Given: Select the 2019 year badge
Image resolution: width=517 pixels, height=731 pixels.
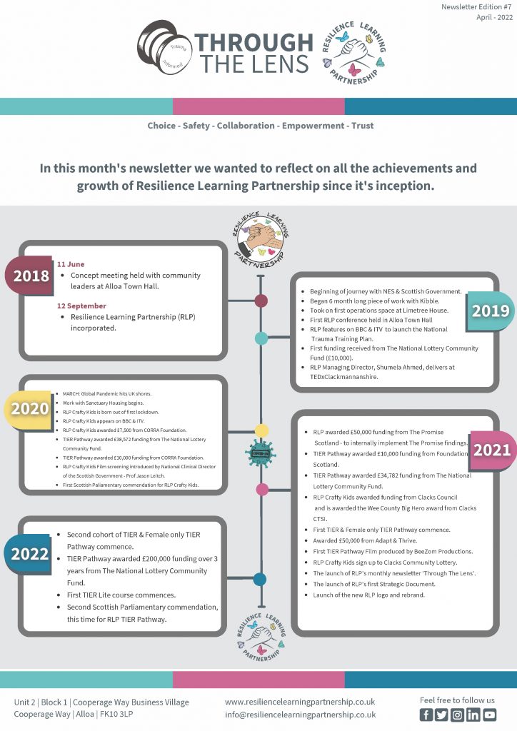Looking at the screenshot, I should [x=490, y=311].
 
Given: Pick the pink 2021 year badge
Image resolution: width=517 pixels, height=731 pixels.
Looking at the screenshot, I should [x=491, y=450].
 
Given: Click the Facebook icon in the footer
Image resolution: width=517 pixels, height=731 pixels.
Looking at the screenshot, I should [x=426, y=714].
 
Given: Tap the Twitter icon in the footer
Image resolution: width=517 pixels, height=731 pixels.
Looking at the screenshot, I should [x=442, y=714].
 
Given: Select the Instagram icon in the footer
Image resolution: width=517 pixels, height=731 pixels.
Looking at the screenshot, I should [x=458, y=714].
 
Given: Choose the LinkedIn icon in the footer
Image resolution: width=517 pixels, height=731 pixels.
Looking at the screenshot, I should [x=473, y=714].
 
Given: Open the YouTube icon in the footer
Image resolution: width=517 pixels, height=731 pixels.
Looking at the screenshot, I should [x=489, y=714].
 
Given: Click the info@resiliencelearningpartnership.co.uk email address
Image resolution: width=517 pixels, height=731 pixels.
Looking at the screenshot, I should [x=300, y=714].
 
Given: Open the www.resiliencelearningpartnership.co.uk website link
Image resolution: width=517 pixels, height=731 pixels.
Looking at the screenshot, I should [x=300, y=702].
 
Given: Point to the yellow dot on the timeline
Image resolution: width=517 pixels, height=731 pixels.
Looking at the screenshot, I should [x=262, y=430].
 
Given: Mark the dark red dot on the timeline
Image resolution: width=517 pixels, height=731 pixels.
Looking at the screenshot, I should [x=261, y=301].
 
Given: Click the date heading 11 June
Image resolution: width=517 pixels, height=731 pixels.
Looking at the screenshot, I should [x=71, y=264].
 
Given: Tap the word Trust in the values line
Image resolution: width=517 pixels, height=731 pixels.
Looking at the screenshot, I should [x=362, y=126].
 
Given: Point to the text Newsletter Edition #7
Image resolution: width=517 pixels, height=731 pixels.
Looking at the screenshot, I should [x=476, y=6].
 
